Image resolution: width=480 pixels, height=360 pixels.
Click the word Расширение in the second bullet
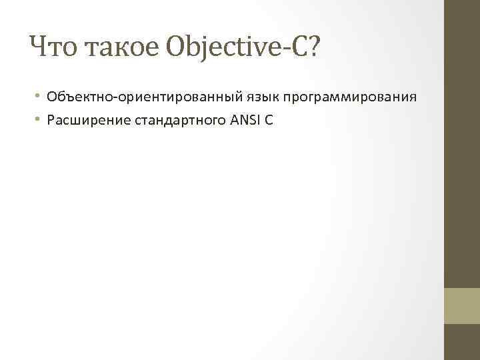[x=79, y=121]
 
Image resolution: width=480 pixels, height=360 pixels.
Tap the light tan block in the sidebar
[x=462, y=305]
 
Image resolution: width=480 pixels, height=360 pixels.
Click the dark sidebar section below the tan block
[x=462, y=342]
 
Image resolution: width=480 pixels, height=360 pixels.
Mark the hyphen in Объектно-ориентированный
[x=117, y=98]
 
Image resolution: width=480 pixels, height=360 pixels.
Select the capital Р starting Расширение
[x=51, y=121]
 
